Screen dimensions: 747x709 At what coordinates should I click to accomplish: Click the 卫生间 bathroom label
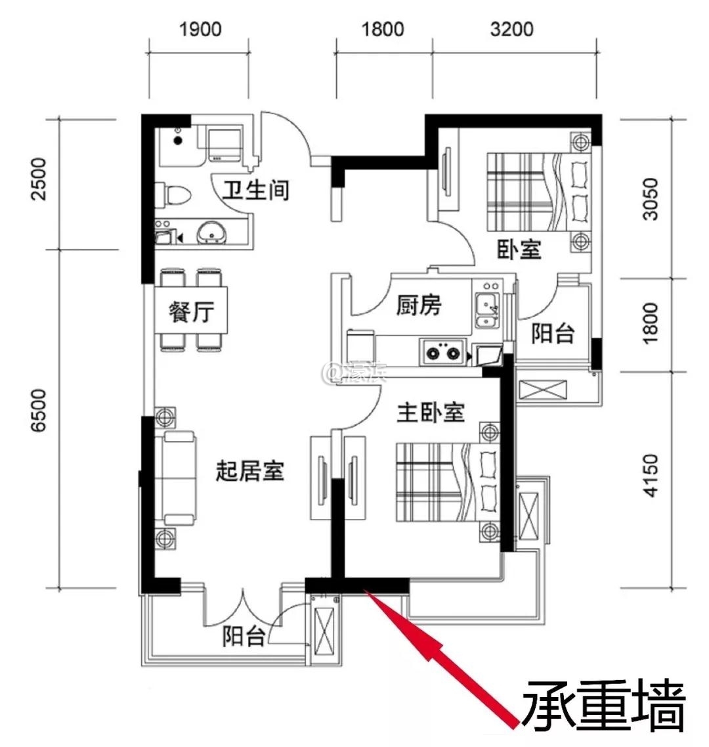[255, 191]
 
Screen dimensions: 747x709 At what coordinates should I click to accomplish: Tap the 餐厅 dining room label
[191, 312]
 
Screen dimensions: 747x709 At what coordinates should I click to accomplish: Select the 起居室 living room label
[249, 470]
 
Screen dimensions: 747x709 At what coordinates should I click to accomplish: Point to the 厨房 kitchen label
[419, 306]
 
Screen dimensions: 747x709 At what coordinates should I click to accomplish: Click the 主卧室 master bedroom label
[431, 413]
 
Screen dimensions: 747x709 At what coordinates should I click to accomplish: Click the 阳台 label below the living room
[244, 636]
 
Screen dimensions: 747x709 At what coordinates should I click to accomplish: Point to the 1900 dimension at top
[200, 30]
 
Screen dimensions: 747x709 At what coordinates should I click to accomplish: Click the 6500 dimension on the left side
[41, 411]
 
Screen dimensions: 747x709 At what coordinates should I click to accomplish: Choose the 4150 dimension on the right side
[650, 475]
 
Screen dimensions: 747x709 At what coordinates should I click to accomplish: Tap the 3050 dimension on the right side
[650, 198]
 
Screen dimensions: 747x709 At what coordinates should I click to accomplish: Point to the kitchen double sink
[486, 312]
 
